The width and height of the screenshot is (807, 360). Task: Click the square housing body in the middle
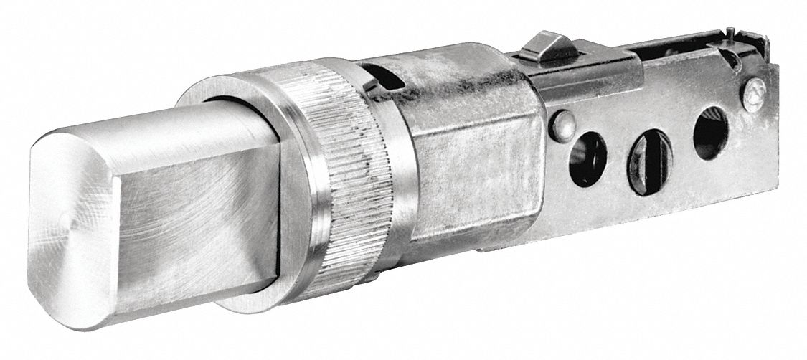[473, 165]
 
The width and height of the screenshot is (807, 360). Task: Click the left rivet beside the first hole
[562, 124]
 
